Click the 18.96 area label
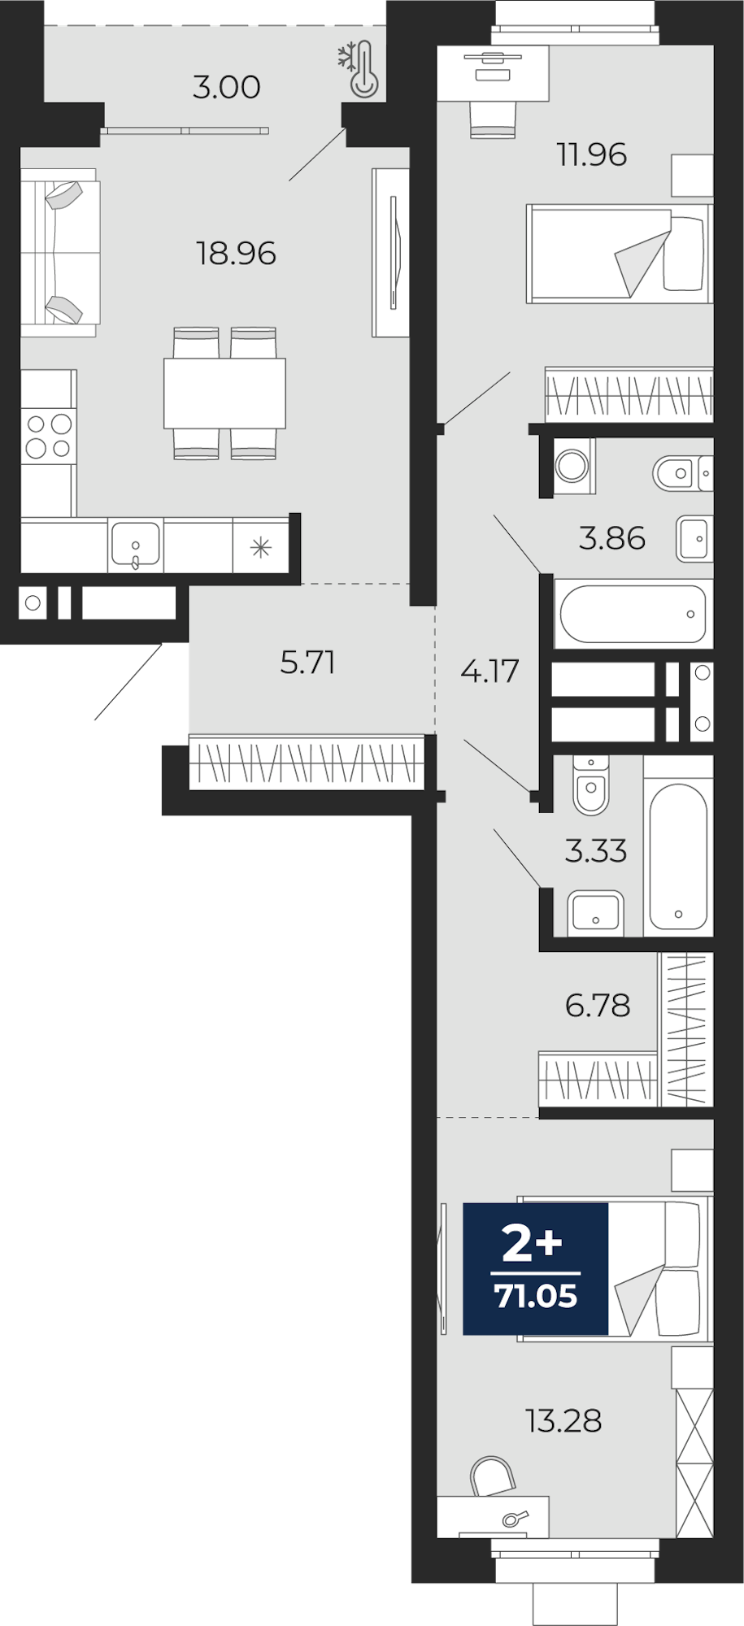(x=236, y=254)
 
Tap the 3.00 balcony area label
(x=226, y=87)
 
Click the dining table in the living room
(x=224, y=393)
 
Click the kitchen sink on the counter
(x=135, y=546)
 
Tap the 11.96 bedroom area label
(x=592, y=154)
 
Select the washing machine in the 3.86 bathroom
(x=573, y=466)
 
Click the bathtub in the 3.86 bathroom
(x=633, y=614)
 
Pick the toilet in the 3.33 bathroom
(x=591, y=784)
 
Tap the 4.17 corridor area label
(x=489, y=672)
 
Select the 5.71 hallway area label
(x=307, y=663)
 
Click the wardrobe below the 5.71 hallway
(x=307, y=762)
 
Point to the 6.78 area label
(x=598, y=1006)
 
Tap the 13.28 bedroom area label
(x=563, y=1421)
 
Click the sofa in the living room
(x=59, y=252)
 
